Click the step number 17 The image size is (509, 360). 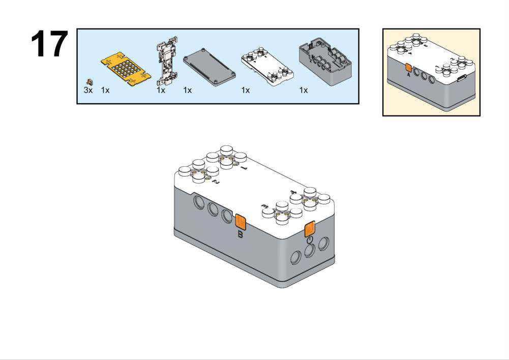(49, 44)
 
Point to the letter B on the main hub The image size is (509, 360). (241, 235)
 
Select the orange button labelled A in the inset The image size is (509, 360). (408, 67)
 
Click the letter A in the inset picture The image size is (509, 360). (408, 75)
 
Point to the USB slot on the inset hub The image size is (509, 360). (463, 78)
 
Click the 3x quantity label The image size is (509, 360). (88, 90)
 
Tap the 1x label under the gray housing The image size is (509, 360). (304, 90)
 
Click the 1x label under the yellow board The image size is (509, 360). (105, 90)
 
